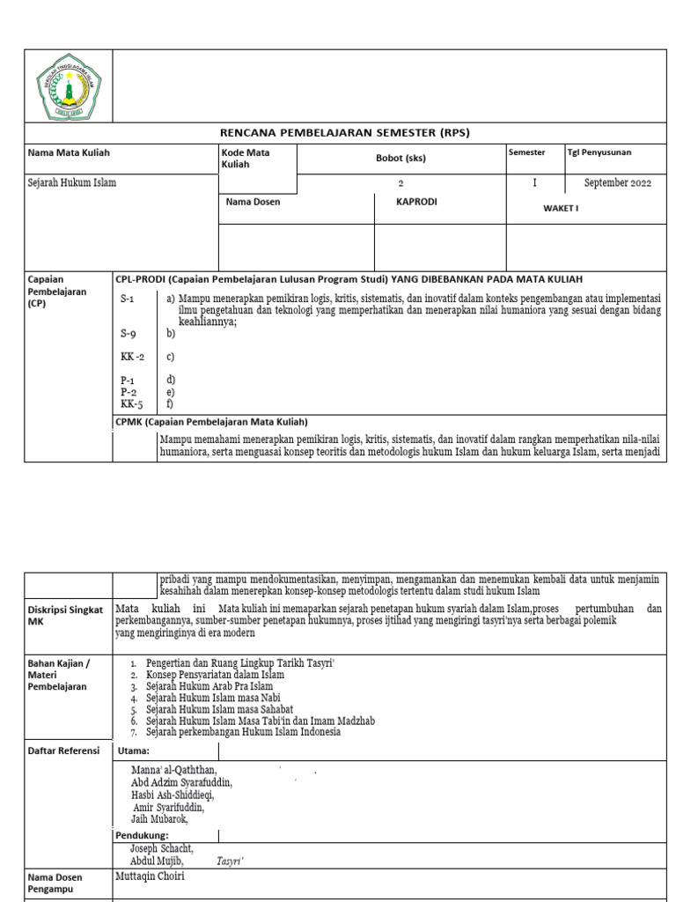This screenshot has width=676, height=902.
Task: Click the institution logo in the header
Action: tap(69, 85)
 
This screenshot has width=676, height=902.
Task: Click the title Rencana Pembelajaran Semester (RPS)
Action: tap(345, 133)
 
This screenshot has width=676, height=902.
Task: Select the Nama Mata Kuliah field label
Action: tap(69, 152)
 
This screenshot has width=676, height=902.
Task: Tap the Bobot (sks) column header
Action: tap(400, 159)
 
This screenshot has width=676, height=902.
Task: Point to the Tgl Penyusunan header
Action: tap(599, 152)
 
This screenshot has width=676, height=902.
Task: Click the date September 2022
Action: tap(618, 183)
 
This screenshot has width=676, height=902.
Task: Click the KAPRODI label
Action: tap(417, 202)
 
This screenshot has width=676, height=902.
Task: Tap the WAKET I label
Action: tap(561, 209)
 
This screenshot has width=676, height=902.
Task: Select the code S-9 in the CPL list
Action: tap(129, 335)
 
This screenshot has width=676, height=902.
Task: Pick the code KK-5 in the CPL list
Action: tap(132, 404)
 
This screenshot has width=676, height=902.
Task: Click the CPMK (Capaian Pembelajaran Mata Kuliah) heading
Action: tap(211, 422)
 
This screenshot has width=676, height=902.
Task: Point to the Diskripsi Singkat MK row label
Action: tap(64, 615)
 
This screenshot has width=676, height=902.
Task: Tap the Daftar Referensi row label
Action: tap(64, 750)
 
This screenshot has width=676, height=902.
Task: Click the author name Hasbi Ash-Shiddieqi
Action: tap(173, 795)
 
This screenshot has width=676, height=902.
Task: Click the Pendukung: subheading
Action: tap(142, 835)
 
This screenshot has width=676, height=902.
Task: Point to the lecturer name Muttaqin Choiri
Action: tap(151, 877)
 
